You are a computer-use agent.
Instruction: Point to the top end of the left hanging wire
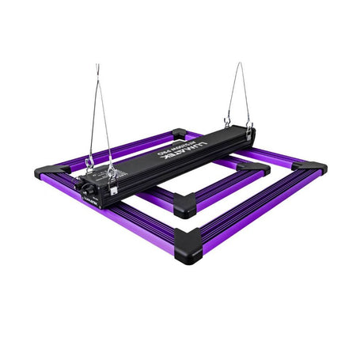pos(97,65)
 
